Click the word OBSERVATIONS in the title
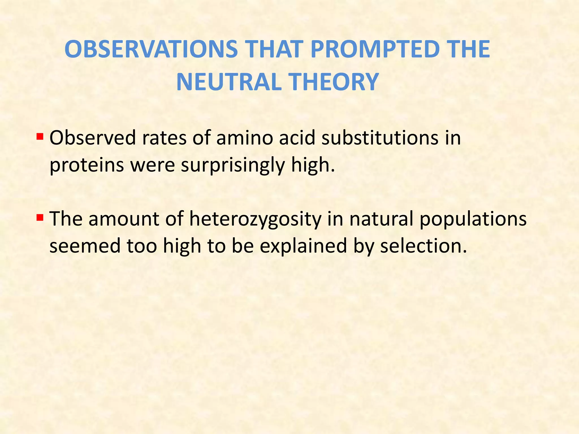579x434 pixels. (x=151, y=49)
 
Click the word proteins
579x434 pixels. (x=87, y=165)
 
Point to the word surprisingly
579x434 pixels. (x=233, y=165)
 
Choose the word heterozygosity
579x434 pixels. (x=255, y=219)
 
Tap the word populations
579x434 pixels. (x=473, y=219)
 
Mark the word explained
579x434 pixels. (x=303, y=246)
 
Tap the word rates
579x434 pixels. (x=164, y=138)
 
